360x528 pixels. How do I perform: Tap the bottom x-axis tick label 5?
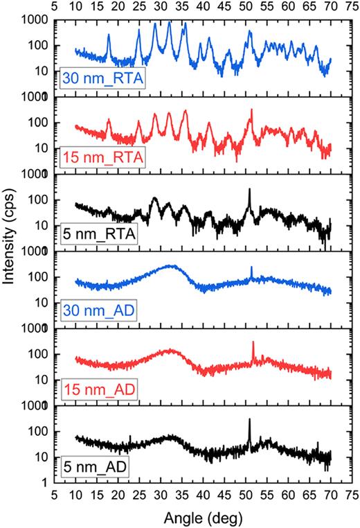pyautogui.click(x=55, y=498)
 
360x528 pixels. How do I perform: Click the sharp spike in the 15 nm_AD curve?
pyautogui.click(x=253, y=342)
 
